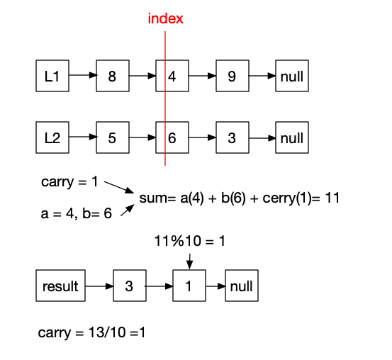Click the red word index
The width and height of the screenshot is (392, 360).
coord(165,19)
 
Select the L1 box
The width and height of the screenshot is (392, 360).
coord(52,77)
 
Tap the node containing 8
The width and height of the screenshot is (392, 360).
coord(112,77)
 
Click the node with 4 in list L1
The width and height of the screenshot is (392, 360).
coord(172,77)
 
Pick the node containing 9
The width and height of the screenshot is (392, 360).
coord(232,77)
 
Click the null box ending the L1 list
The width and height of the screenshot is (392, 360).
coord(291,77)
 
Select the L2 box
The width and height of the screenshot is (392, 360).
coord(52,137)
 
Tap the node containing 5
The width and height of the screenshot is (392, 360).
coord(112,137)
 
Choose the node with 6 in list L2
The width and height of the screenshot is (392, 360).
coord(172,137)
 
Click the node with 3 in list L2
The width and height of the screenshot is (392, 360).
coord(232,137)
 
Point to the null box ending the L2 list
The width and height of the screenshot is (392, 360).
coord(291,137)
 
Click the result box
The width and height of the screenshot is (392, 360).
coord(60,287)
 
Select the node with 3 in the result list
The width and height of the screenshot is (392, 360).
coord(129,287)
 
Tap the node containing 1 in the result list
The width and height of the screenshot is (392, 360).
coord(189,287)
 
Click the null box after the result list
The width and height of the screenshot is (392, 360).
coord(241,287)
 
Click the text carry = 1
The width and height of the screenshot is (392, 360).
coord(69,182)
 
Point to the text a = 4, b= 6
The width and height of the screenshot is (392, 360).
coord(76,213)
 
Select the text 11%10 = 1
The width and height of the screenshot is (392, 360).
coord(189,242)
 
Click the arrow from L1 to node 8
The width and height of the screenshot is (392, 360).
coord(82,77)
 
